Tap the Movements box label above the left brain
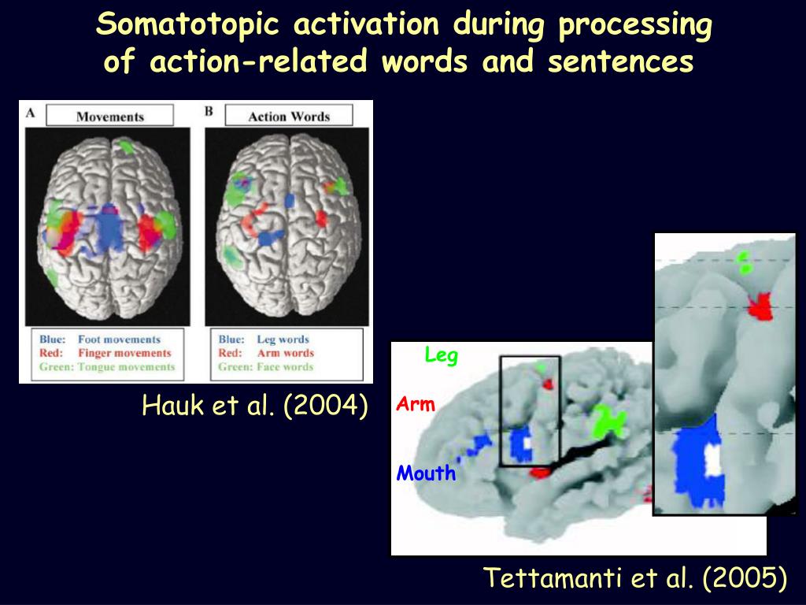click(x=109, y=117)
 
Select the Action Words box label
click(x=288, y=117)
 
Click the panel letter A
click(x=30, y=112)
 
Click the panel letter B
click(x=209, y=112)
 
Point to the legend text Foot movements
click(x=119, y=340)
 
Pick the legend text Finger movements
click(x=124, y=353)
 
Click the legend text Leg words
click(x=283, y=340)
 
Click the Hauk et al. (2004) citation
click(x=254, y=406)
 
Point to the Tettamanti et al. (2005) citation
click(x=634, y=579)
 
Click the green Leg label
click(x=441, y=356)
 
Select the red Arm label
click(x=416, y=405)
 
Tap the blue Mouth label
click(x=426, y=473)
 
